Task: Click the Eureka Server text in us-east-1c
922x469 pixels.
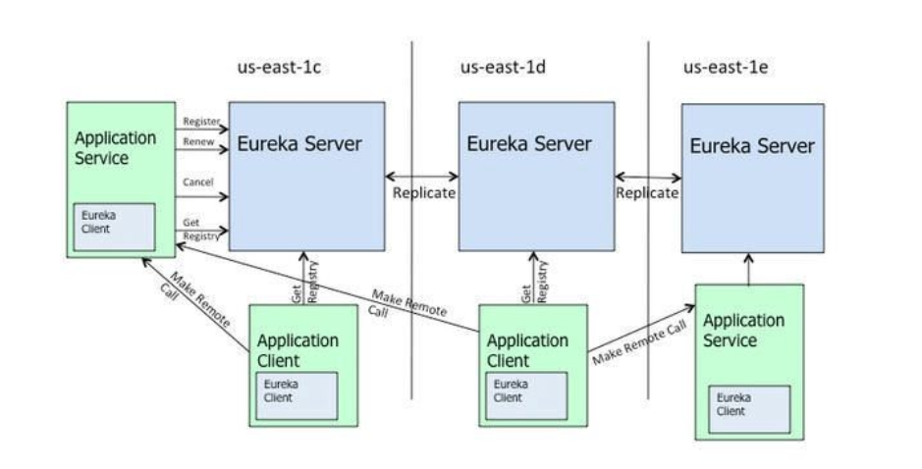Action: click(299, 144)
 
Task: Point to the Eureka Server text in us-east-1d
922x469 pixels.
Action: click(529, 144)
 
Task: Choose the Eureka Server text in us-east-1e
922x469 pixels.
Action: click(752, 146)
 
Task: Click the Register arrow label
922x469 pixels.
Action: click(200, 122)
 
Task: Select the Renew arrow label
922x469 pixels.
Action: click(197, 142)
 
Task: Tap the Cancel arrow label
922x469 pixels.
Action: click(197, 182)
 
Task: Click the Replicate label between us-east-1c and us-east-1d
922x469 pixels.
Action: click(424, 193)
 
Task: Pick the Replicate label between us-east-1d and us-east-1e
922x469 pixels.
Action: click(647, 193)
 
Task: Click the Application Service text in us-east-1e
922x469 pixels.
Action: click(743, 331)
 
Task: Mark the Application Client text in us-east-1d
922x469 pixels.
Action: click(527, 350)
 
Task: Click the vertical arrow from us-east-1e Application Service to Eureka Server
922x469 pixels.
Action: click(748, 269)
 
